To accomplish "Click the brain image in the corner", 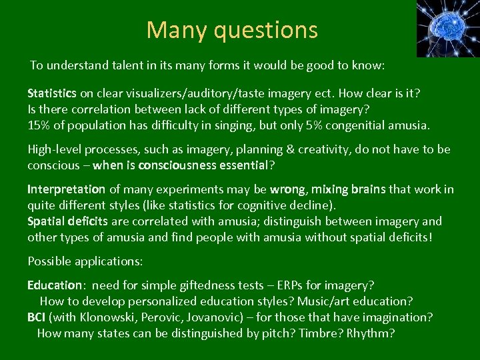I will (x=447, y=29).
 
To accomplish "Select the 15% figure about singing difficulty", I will (x=39, y=125).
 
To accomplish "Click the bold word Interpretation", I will (x=66, y=189).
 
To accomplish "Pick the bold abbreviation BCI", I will (x=37, y=317).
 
